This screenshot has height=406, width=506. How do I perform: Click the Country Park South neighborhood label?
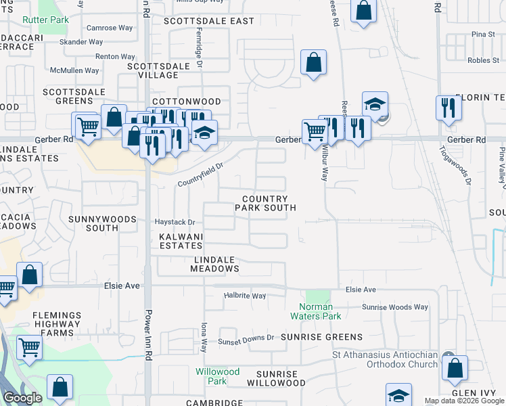265,203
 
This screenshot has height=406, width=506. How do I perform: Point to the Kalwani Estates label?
181,242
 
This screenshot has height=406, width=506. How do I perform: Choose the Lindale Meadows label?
216,264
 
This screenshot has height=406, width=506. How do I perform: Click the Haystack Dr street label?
175,222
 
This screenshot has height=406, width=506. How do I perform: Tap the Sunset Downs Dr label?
246,337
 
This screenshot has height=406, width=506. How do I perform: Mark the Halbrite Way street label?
245,296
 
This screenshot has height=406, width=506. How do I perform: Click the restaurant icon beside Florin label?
449,108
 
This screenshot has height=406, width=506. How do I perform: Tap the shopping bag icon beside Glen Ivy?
456,369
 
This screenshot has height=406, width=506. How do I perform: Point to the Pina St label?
483,34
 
